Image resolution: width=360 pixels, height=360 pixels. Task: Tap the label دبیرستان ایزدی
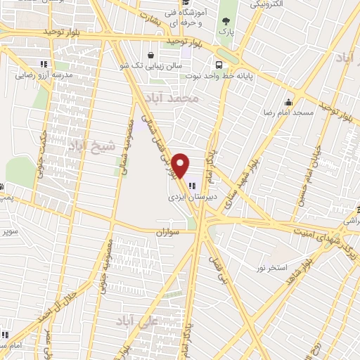point(189,199)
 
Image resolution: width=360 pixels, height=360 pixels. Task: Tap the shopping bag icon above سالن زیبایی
point(150,54)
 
